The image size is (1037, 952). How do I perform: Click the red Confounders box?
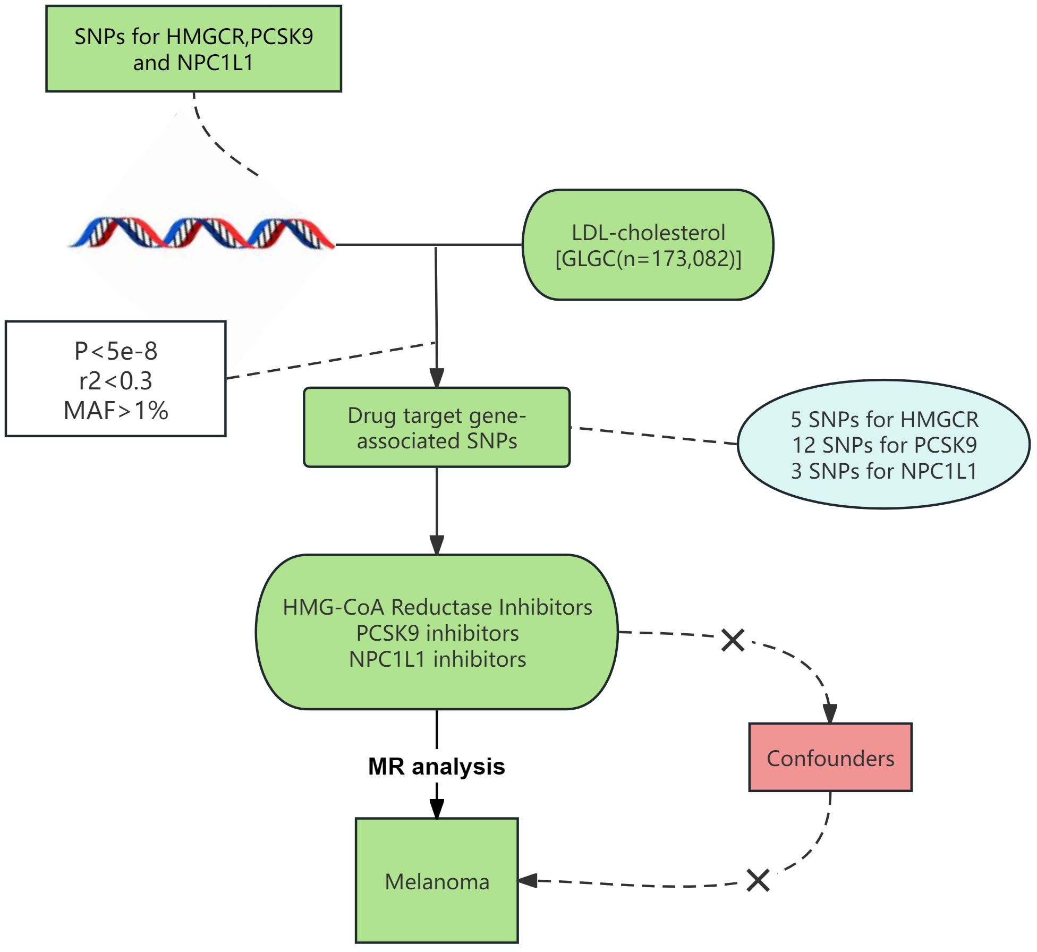[830, 758]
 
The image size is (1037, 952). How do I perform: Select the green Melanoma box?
[437, 882]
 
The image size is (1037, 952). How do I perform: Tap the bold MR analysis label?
[437, 767]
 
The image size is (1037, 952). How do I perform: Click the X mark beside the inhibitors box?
[733, 640]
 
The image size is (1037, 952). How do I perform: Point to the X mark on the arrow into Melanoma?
[758, 880]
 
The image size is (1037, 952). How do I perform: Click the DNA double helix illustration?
[201, 233]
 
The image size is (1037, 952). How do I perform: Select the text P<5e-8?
[116, 351]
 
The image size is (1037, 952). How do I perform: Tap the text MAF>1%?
[116, 411]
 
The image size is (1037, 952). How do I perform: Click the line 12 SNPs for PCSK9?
[884, 445]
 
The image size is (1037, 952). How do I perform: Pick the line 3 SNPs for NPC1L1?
[884, 471]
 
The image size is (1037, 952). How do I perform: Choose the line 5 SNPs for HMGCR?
[884, 420]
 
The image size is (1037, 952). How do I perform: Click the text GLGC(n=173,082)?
[648, 259]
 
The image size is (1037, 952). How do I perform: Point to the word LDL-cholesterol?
[648, 233]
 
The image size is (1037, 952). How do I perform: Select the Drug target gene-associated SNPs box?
[437, 428]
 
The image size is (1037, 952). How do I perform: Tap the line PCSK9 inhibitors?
[437, 633]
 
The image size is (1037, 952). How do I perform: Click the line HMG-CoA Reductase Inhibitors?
[437, 607]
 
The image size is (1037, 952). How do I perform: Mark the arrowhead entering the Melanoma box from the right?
[528, 880]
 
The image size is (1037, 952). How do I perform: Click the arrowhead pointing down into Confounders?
[830, 713]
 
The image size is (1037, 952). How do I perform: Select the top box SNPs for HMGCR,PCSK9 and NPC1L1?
[193, 49]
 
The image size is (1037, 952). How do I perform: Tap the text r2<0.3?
[116, 381]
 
